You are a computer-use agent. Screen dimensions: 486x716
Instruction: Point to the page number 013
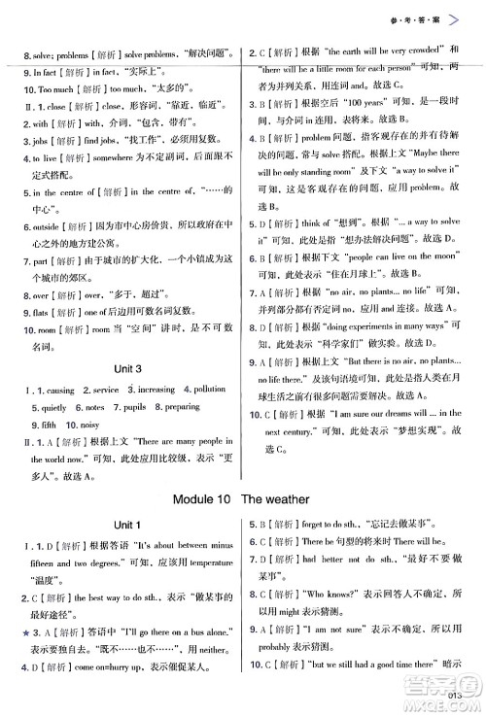(458, 693)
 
